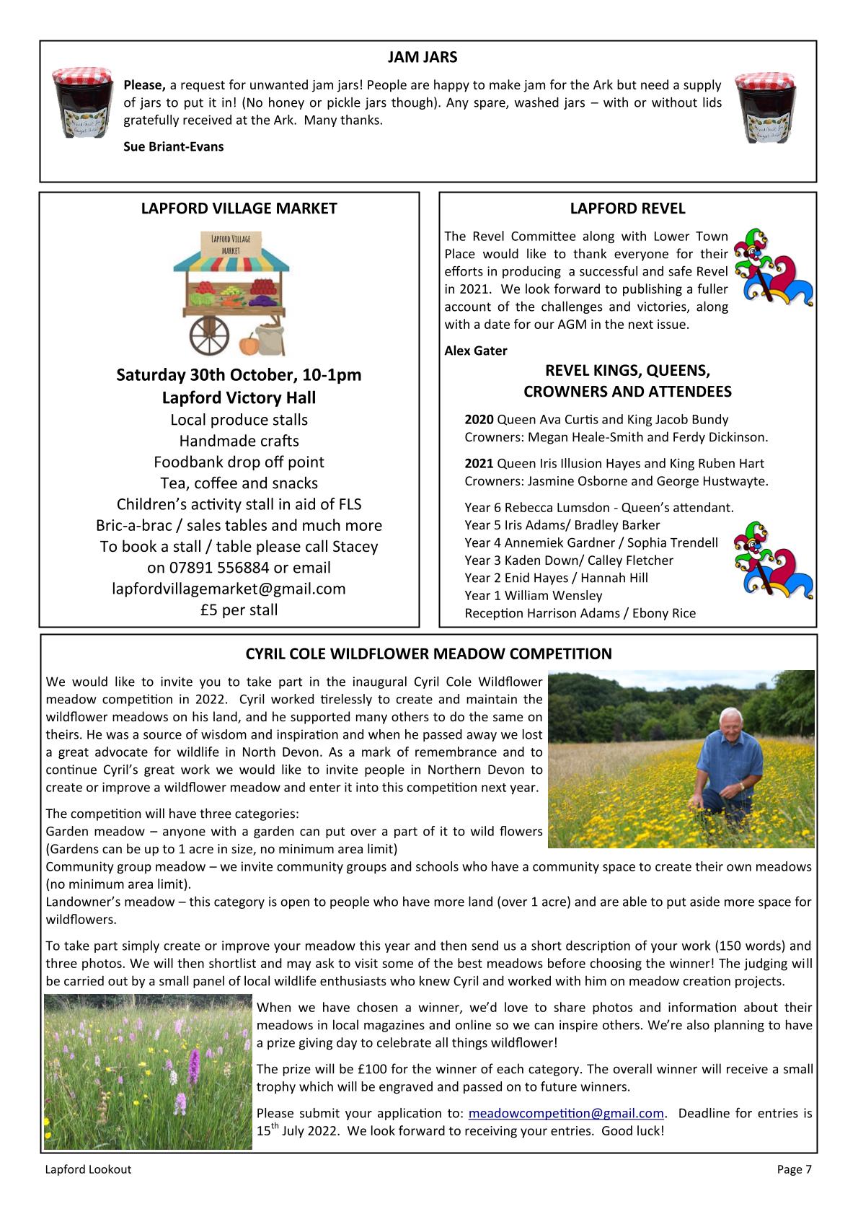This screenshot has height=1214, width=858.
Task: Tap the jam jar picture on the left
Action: (82, 102)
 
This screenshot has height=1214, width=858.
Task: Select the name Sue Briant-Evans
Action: (174, 147)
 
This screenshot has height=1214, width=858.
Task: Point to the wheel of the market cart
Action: (209, 334)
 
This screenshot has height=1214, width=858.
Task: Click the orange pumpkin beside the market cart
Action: (247, 343)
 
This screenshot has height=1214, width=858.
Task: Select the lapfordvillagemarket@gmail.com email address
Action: (229, 589)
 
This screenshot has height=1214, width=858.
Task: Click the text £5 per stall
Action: (239, 610)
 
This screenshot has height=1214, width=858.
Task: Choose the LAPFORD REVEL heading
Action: (627, 209)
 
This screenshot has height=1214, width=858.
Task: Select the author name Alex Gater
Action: (476, 351)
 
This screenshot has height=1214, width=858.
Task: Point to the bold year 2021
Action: (479, 464)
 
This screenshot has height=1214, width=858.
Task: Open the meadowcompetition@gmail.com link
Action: (566, 1114)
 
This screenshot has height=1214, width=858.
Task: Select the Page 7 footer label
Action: (794, 1170)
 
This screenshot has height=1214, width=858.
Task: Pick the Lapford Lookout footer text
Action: (89, 1170)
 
